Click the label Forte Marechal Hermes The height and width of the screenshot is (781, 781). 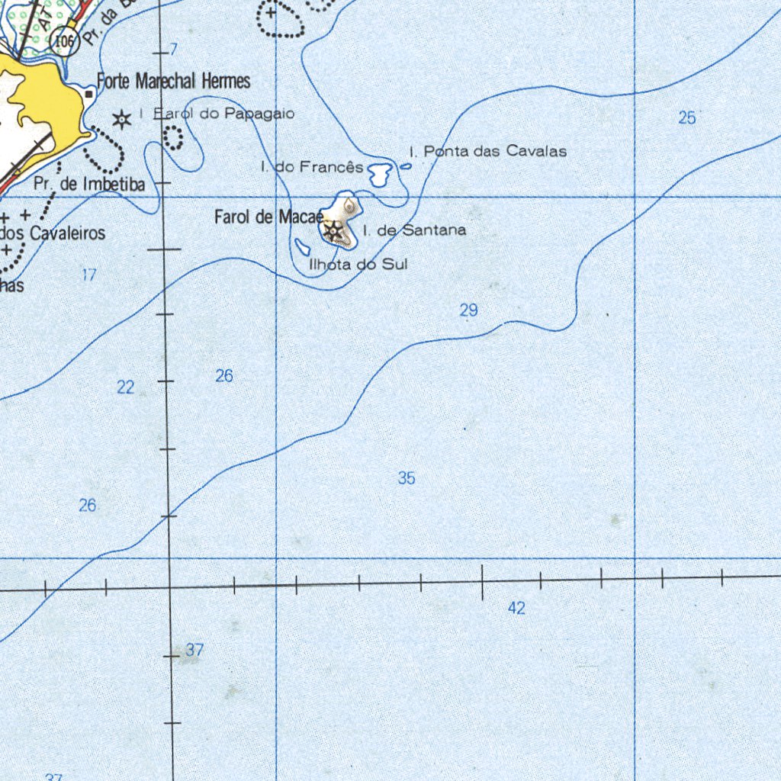[x=173, y=81]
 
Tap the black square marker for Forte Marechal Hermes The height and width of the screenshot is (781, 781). [x=89, y=94]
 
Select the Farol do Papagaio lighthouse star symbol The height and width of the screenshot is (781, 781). [x=121, y=119]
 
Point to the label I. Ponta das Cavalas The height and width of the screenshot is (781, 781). [x=488, y=151]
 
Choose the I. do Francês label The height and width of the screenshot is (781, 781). [x=311, y=166]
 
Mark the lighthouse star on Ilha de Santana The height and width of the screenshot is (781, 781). [x=333, y=230]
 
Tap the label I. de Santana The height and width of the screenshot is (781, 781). [x=414, y=230]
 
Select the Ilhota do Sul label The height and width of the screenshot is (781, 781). [x=358, y=265]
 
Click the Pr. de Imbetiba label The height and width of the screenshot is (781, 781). [x=89, y=184]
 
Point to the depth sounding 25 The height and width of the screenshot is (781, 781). [x=687, y=117]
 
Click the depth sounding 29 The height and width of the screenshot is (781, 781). [x=468, y=310]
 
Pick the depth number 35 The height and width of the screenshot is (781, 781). [x=407, y=478]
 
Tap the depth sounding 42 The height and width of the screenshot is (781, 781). [x=517, y=608]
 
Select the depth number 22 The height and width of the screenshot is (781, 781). [x=126, y=387]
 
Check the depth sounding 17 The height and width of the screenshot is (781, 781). [x=89, y=275]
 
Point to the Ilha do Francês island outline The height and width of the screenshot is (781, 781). [x=379, y=175]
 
